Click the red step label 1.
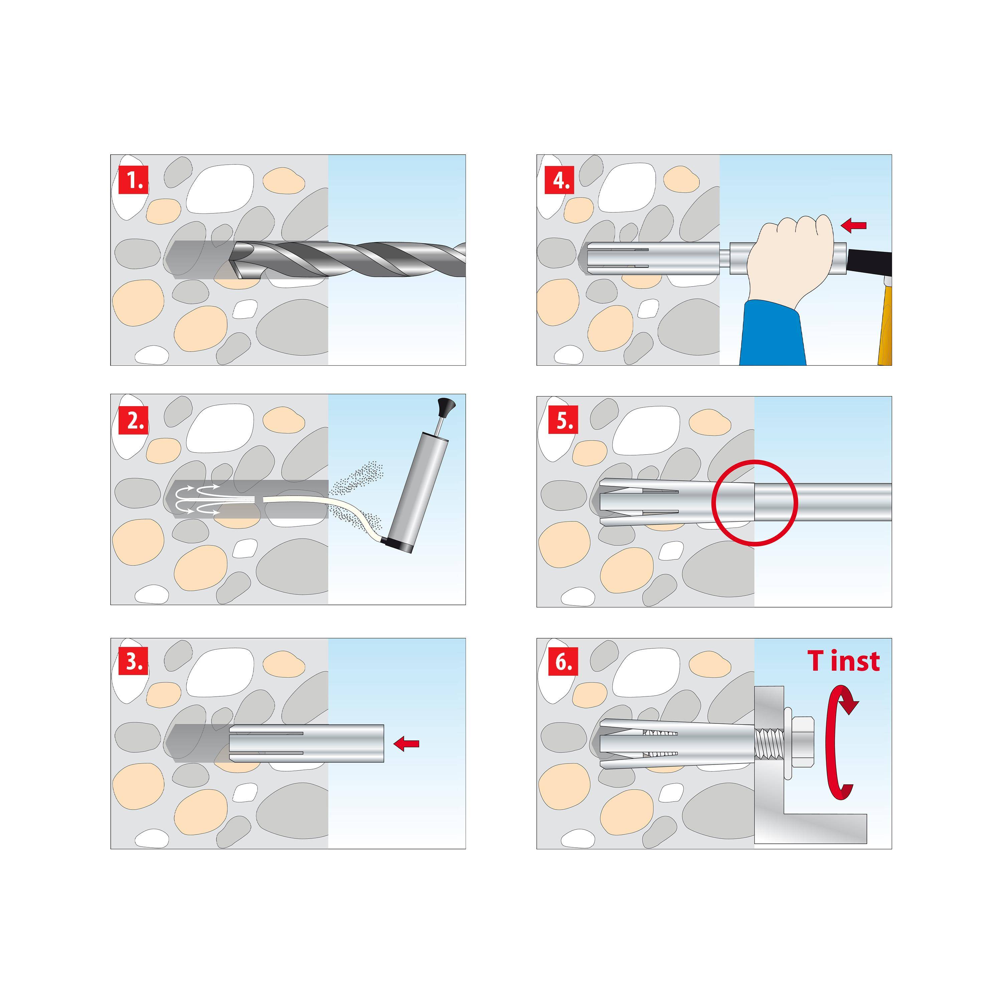click(133, 180)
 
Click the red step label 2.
click(133, 420)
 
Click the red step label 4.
click(559, 180)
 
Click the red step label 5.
click(563, 422)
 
